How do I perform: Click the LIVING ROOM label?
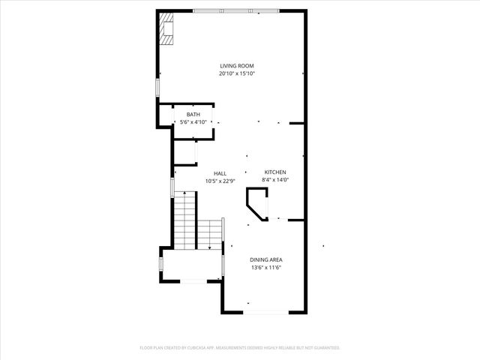point(236,66)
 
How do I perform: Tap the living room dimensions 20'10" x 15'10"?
point(236,73)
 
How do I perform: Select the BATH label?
point(193,114)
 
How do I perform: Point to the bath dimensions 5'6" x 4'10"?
point(193,121)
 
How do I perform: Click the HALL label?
point(220,173)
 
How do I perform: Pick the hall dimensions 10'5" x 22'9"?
point(220,181)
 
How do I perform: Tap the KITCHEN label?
point(274,172)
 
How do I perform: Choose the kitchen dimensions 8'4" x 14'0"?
point(274,179)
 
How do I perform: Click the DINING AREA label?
point(265,259)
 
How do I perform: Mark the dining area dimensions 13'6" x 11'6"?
point(265,267)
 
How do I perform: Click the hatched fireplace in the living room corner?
point(166,28)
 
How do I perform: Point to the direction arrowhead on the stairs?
point(208,247)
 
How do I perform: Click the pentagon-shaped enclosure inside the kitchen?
point(257,204)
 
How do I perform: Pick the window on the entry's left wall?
point(159,264)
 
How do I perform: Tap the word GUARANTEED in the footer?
point(325,348)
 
